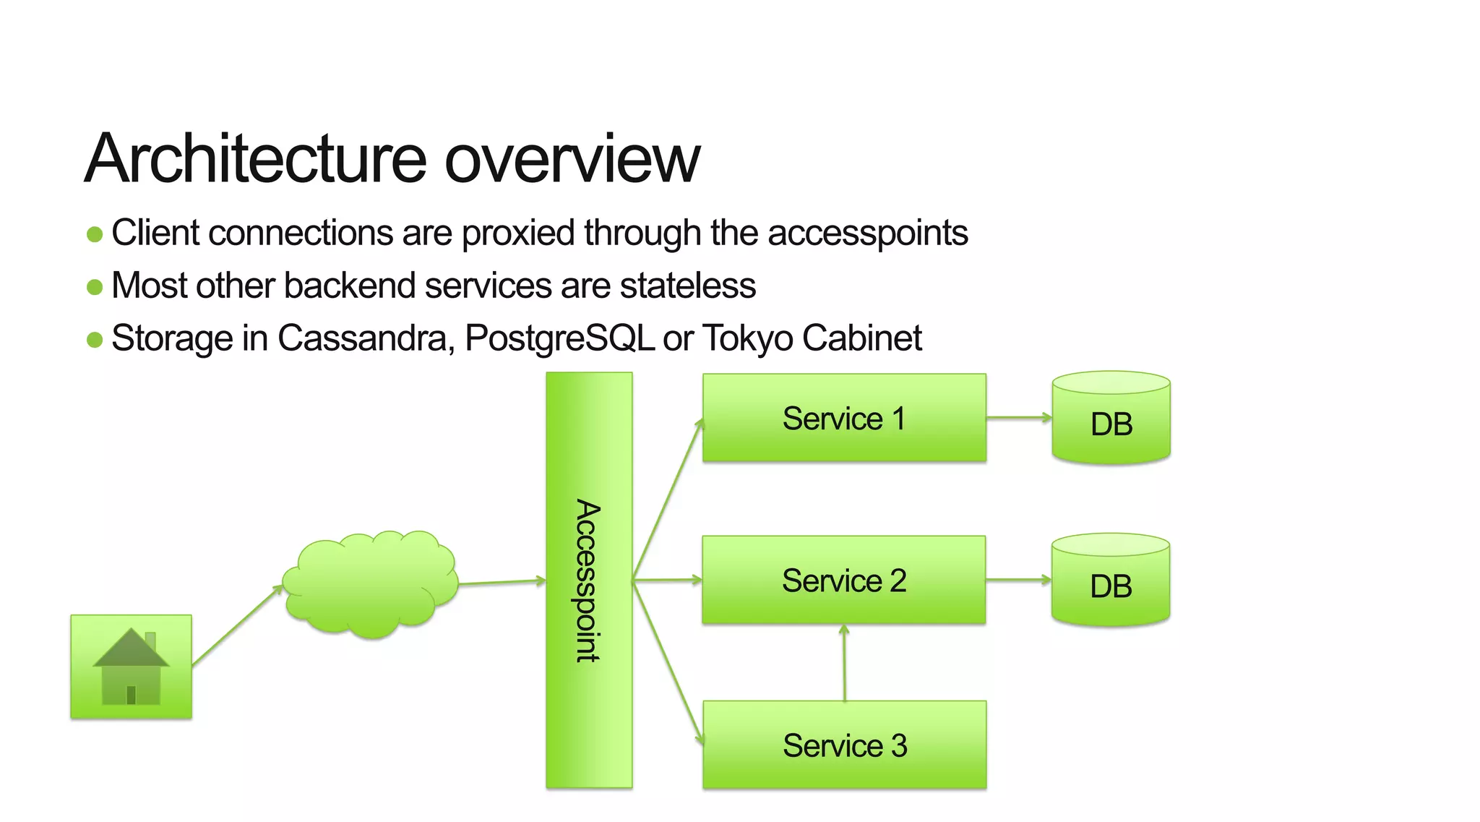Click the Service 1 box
tap(844, 418)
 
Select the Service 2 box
tap(843, 580)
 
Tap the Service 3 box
tap(844, 745)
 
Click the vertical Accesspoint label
tap(588, 581)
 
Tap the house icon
tap(131, 667)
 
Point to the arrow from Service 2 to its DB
tap(1018, 580)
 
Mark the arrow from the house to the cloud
tap(237, 625)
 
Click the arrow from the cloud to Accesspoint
tap(502, 582)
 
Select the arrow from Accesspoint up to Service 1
tap(668, 499)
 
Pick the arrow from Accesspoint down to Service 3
tap(668, 662)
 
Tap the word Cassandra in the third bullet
tap(366, 338)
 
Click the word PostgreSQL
tap(559, 338)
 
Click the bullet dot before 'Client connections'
tap(95, 234)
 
